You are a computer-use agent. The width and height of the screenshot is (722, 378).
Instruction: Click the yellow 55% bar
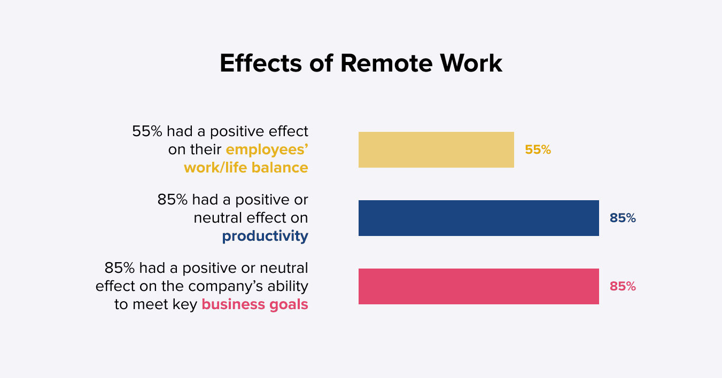pyautogui.click(x=436, y=149)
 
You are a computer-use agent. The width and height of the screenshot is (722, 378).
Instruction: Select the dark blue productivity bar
pyautogui.click(x=479, y=218)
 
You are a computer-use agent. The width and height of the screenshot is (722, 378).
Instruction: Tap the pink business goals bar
pyautogui.click(x=479, y=286)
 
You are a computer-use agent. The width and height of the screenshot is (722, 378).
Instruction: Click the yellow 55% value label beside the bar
pyautogui.click(x=538, y=149)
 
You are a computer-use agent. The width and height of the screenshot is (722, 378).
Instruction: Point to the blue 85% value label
pyautogui.click(x=623, y=218)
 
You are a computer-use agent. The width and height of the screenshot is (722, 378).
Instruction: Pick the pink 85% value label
pyautogui.click(x=623, y=286)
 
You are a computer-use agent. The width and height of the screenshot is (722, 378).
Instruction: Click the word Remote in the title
pyautogui.click(x=386, y=63)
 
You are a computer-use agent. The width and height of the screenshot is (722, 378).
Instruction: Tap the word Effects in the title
pyautogui.click(x=261, y=63)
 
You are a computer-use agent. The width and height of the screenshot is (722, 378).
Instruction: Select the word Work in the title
pyautogui.click(x=471, y=63)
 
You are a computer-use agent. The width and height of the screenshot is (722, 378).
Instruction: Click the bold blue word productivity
pyautogui.click(x=265, y=237)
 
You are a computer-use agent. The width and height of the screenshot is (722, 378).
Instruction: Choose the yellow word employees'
pyautogui.click(x=267, y=150)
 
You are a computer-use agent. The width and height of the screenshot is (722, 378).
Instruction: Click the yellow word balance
pyautogui.click(x=280, y=168)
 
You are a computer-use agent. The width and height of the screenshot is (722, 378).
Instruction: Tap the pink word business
pyautogui.click(x=233, y=304)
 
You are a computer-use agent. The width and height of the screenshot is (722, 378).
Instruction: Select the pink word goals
pyautogui.click(x=289, y=305)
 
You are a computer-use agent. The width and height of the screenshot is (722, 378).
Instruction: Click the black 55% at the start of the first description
pyautogui.click(x=147, y=131)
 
